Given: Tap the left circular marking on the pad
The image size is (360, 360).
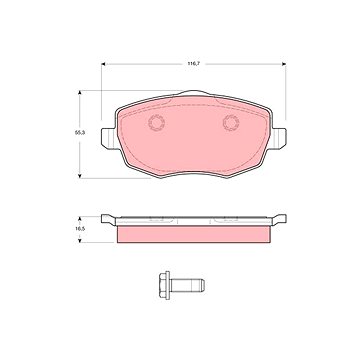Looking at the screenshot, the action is pos(156,123).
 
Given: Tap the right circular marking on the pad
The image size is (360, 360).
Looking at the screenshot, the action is pos(231,123).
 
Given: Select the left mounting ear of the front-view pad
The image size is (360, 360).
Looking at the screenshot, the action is pos(109,139).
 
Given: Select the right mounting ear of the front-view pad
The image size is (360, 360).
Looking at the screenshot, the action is pos(277,139).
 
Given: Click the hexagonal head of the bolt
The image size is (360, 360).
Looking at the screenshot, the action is pos(163,285).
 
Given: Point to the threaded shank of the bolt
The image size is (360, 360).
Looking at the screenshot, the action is pos(187,285).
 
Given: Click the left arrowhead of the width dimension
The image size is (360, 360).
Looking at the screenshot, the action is pos(103,64).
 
